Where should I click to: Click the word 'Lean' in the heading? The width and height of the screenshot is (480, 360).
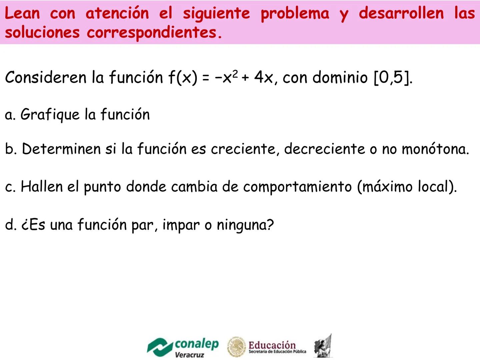22,13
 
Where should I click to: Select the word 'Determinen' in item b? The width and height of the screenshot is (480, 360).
61,149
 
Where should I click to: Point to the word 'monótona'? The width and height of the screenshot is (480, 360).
435,149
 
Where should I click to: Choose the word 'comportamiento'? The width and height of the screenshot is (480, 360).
297,187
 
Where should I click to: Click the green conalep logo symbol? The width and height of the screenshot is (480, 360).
160,347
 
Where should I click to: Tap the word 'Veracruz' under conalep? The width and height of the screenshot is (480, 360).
189,355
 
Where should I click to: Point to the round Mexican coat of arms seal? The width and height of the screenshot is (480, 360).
236,346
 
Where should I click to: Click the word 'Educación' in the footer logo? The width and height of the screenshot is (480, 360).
272,345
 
